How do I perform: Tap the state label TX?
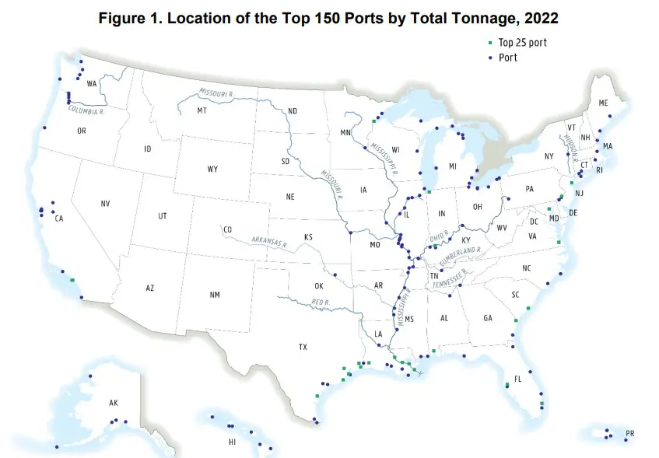coord(303,348)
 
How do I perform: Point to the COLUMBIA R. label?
coord(86,110)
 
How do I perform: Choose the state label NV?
coord(105,204)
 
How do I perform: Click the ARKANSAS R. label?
coord(269,242)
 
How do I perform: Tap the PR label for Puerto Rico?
coord(629,433)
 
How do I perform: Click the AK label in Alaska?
coord(114,403)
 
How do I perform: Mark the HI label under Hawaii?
coord(231,442)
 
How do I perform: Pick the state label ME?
coord(603,103)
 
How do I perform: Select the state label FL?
coord(517,380)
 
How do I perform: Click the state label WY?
coord(212,169)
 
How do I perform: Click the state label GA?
coord(488,318)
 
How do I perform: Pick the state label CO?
coord(227,230)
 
